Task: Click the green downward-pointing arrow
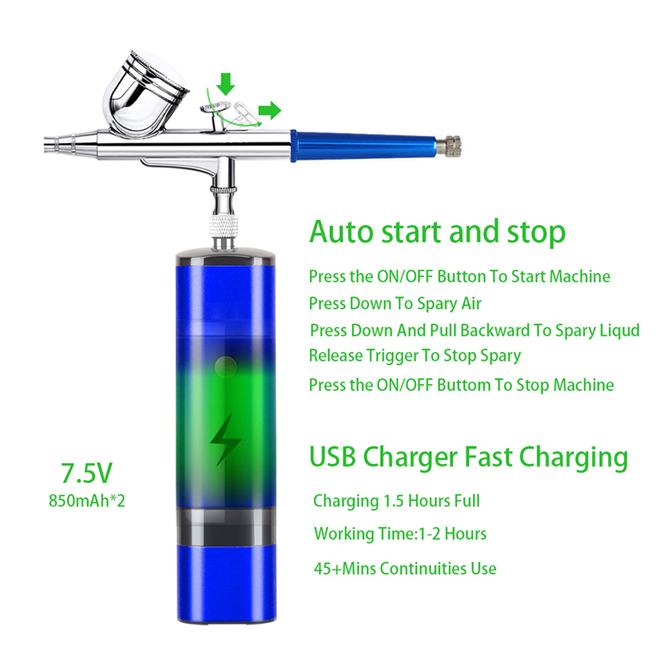pos(226,84)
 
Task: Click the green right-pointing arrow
pos(269,111)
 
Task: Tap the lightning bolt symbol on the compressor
pos(226,440)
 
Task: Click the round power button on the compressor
pos(226,366)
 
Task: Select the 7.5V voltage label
pos(87,473)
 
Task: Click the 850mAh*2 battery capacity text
pos(87,501)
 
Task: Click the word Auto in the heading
pos(341,232)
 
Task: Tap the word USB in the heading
pos(332,456)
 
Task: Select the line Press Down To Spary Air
pos(395,304)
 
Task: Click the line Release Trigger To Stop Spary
pos(415,356)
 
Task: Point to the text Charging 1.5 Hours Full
pos(396,501)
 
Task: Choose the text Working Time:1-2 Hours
pos(401,534)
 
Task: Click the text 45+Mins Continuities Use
pos(405,569)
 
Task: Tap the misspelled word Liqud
pos(619,331)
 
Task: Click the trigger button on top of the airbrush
pos(216,108)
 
